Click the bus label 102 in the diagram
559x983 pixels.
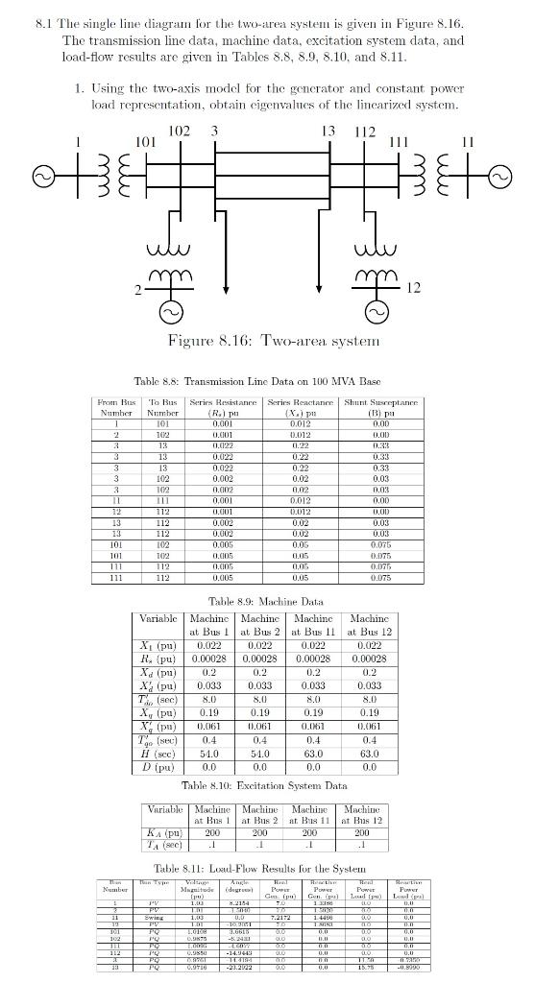click(x=179, y=131)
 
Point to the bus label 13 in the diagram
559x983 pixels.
click(x=328, y=131)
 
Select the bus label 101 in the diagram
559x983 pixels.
click(x=145, y=142)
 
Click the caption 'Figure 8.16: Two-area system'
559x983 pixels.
click(x=274, y=341)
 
